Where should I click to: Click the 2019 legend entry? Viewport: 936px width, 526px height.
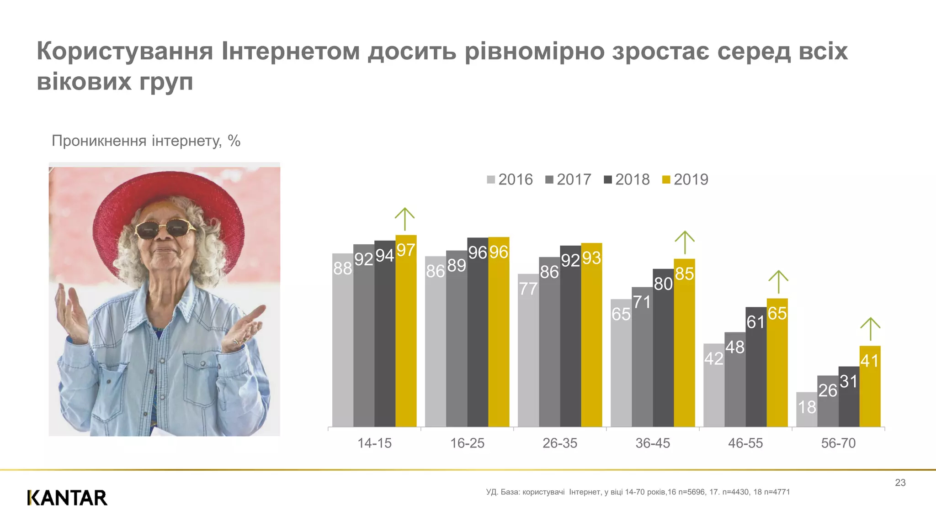click(x=685, y=179)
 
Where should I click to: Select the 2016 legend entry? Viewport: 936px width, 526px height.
click(x=510, y=179)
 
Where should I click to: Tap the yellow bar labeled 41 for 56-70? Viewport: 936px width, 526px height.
click(x=870, y=388)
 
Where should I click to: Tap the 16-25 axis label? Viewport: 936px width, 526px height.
click(x=467, y=443)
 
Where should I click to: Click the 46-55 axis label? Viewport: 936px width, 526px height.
click(x=745, y=443)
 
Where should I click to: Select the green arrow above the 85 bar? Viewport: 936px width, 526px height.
click(x=685, y=242)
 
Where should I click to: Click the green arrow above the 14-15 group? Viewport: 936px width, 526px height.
click(x=404, y=219)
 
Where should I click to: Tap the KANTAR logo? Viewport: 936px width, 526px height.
click(x=67, y=498)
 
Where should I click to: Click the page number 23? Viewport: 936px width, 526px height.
click(x=900, y=483)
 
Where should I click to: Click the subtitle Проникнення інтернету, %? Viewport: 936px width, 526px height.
click(x=146, y=141)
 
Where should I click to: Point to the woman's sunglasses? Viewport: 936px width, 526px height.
click(x=166, y=228)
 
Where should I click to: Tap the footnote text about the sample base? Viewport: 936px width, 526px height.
click(x=638, y=492)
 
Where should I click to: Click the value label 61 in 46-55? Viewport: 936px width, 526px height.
click(x=755, y=322)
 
